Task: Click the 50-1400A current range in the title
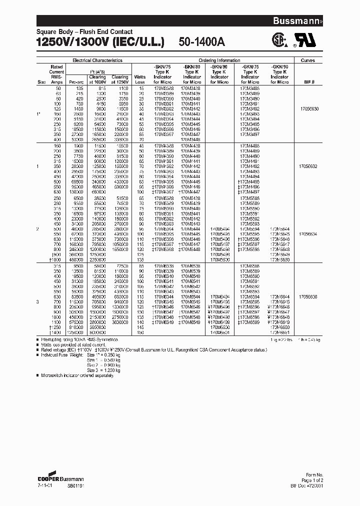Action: coord(203,43)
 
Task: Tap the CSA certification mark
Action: coord(278,41)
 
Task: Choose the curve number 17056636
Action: coord(308,296)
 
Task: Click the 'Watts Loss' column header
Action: coord(140,79)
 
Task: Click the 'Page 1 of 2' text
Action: coord(314,479)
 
